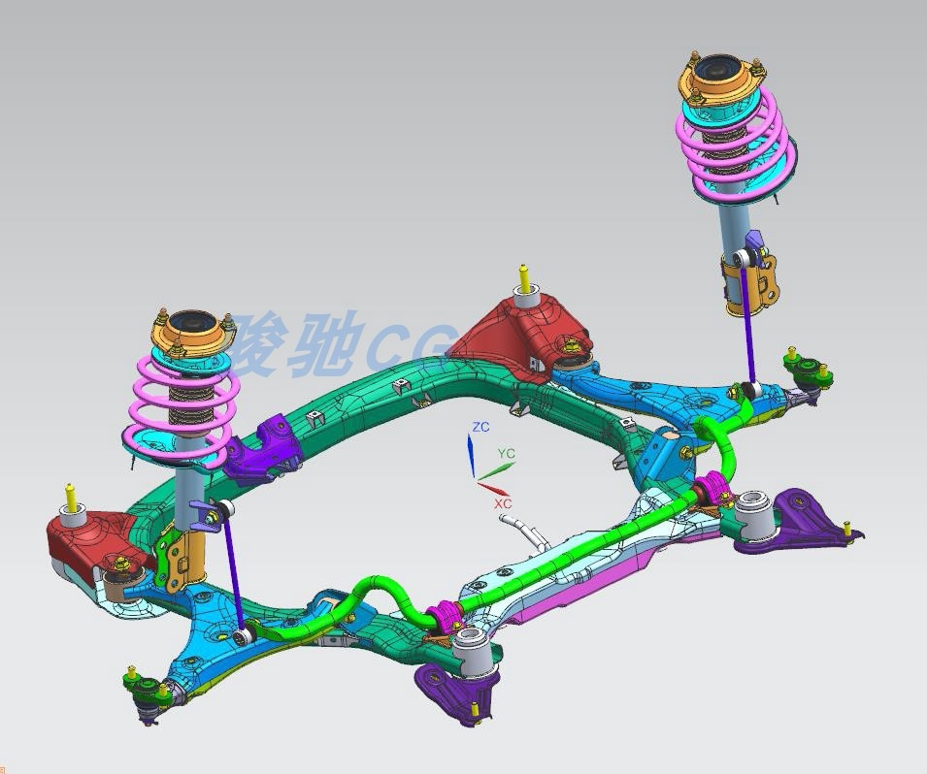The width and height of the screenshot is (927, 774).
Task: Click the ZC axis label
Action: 480,427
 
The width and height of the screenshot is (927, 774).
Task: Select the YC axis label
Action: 506,453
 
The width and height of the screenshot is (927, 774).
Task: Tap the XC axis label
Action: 502,504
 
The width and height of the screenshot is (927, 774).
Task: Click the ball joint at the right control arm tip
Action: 803,369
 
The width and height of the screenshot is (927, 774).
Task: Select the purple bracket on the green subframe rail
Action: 262,448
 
